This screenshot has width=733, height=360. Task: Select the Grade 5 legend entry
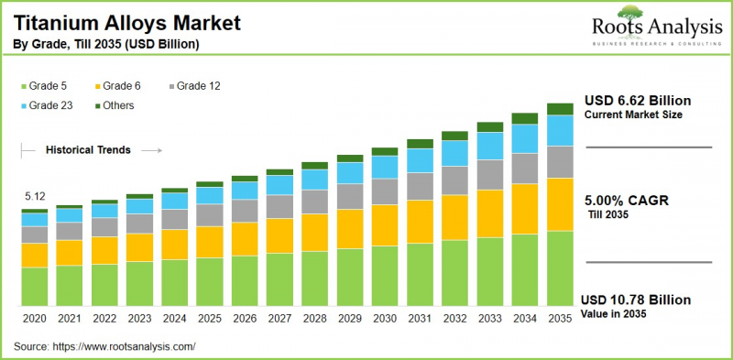[x=46, y=86]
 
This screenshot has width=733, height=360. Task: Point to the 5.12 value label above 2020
[x=34, y=197]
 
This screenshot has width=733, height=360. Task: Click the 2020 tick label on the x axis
[x=34, y=317]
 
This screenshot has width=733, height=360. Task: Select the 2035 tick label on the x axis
[x=560, y=317]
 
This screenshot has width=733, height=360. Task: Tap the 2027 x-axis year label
[x=279, y=317]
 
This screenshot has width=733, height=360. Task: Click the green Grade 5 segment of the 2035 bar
[x=560, y=267]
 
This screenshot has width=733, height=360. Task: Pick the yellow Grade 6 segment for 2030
[x=385, y=224]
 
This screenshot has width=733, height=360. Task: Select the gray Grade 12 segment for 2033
[x=490, y=173]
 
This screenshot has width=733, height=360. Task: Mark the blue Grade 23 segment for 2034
[x=525, y=138]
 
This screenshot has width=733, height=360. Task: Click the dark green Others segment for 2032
[x=455, y=135]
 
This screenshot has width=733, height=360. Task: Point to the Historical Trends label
[x=88, y=149]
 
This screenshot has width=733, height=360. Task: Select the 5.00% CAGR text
[x=628, y=200]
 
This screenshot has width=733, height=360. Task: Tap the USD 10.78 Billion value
[x=635, y=300]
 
